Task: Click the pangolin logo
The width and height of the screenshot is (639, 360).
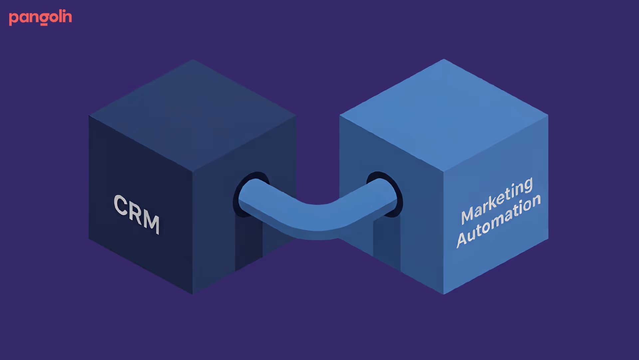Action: [40, 18]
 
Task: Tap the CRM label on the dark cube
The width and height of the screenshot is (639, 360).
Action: [136, 214]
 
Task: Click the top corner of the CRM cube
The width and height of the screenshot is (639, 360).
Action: [193, 60]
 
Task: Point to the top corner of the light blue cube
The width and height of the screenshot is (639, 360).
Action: [444, 60]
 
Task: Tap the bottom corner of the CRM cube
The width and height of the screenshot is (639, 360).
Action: [193, 293]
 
